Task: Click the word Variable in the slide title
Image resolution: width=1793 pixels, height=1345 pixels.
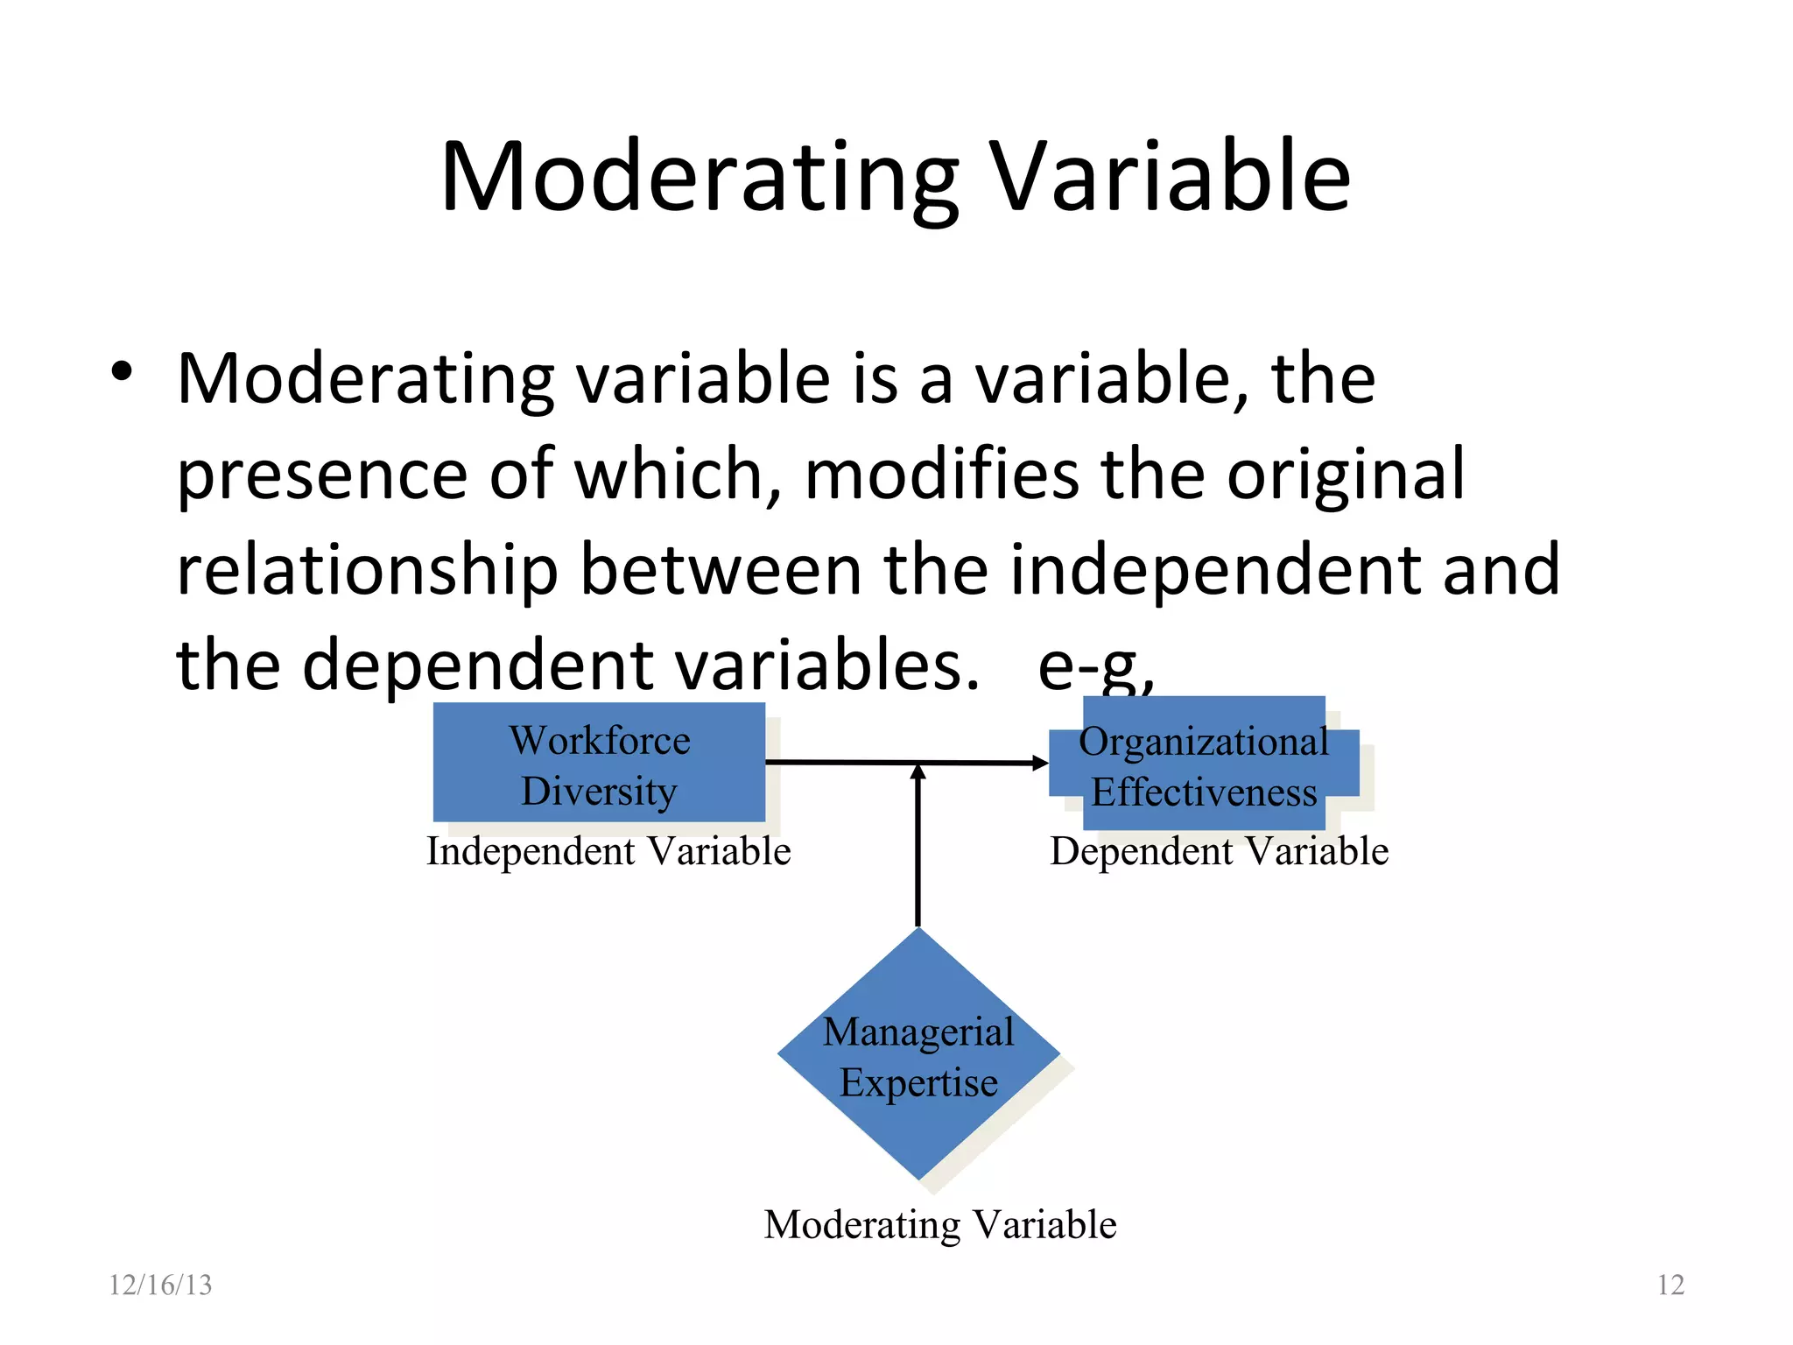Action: click(x=1171, y=177)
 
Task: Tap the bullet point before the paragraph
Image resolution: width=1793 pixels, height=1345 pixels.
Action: click(x=122, y=373)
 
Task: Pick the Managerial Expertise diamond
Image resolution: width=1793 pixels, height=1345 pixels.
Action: click(x=918, y=1054)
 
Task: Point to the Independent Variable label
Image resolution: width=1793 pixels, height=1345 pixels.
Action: click(x=608, y=852)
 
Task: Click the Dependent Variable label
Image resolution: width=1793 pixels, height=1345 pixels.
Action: click(x=1219, y=852)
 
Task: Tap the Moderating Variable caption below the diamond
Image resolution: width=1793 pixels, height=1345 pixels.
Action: click(x=939, y=1224)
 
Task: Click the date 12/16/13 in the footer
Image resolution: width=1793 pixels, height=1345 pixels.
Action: click(x=159, y=1285)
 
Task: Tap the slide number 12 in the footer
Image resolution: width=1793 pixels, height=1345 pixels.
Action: click(x=1670, y=1285)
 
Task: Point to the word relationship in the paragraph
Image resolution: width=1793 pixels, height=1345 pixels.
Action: click(x=367, y=571)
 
